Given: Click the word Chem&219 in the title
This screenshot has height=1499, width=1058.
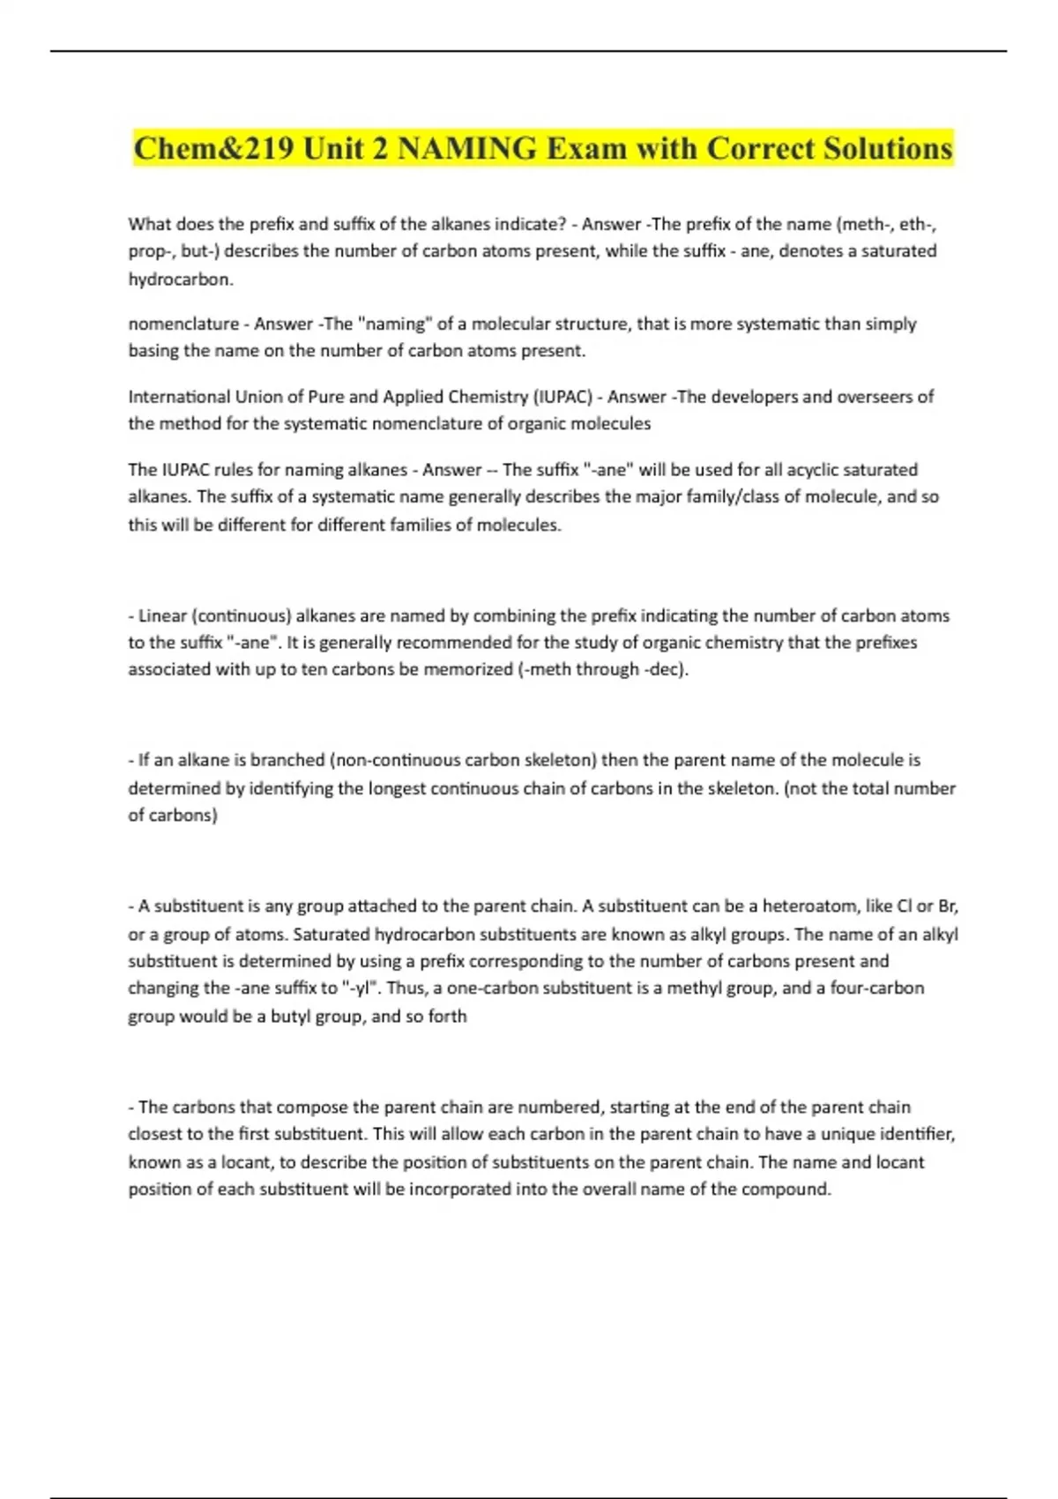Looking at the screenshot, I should tap(213, 148).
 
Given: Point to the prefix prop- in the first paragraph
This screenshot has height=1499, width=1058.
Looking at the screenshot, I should tap(151, 252).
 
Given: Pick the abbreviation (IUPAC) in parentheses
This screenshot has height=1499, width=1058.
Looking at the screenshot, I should tap(562, 397).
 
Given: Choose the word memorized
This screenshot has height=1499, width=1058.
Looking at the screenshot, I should tap(467, 669).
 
